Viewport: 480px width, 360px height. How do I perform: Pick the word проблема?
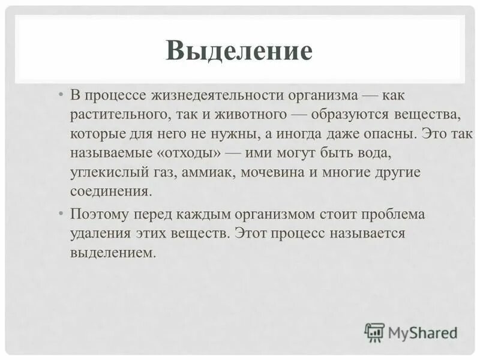point(390,214)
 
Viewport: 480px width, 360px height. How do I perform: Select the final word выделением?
point(113,252)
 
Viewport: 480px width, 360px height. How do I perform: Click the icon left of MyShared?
point(374,332)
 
